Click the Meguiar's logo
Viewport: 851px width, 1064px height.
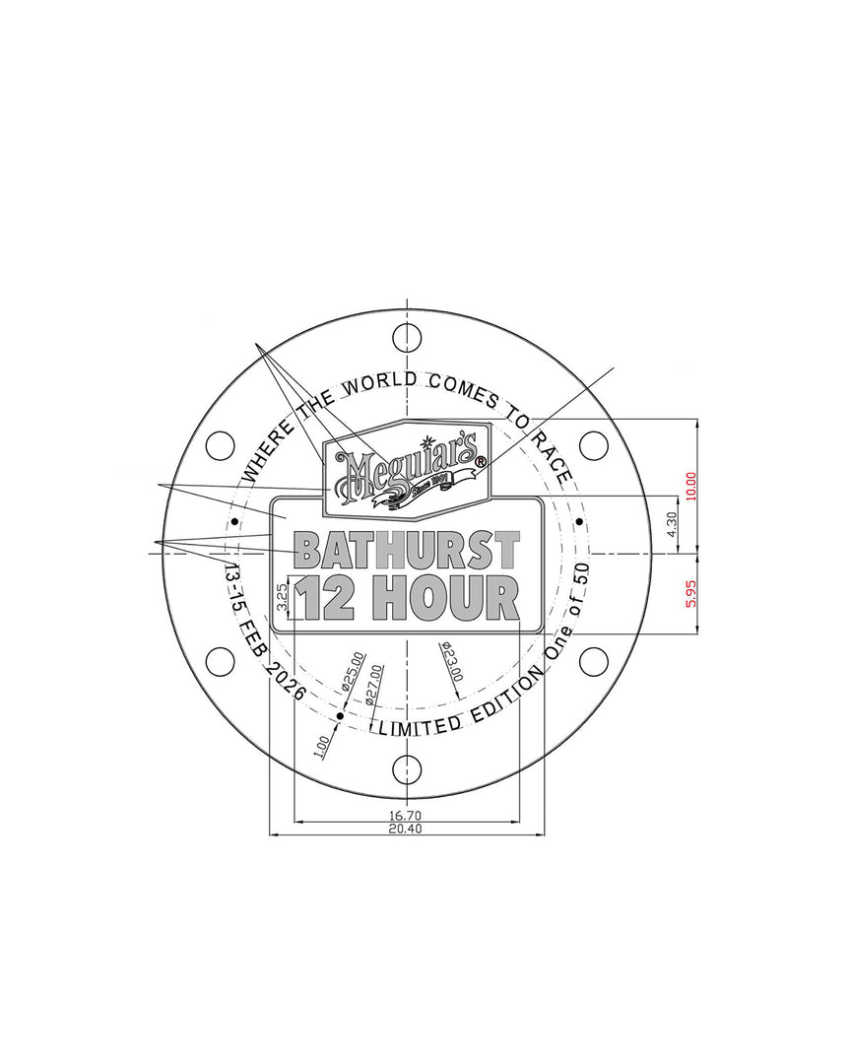coord(407,473)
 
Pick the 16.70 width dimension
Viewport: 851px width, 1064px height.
coord(407,815)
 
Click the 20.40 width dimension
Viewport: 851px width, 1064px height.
coord(407,830)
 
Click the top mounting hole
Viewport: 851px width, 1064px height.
coord(407,337)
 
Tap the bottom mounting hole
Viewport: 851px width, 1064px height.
coord(407,769)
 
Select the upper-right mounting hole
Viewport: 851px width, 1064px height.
coord(593,445)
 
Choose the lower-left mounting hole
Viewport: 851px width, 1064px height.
coord(221,661)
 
